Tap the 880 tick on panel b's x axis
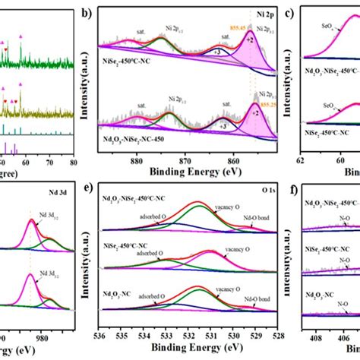[137, 160]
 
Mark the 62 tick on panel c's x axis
[301, 160]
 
